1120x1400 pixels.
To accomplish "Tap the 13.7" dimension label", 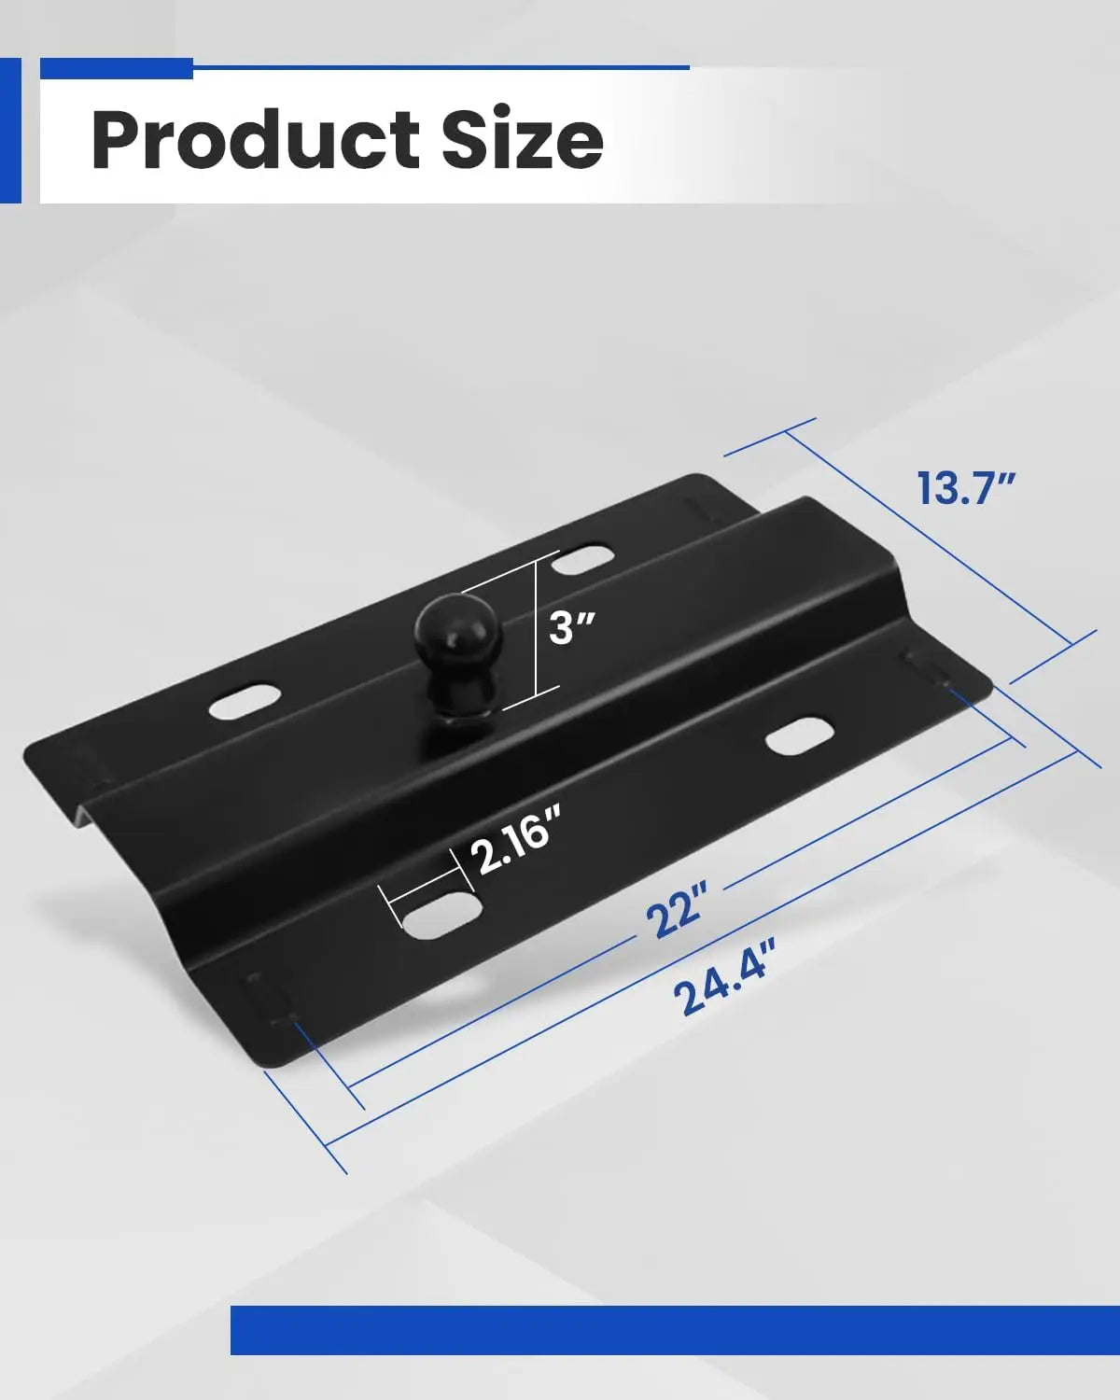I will [964, 489].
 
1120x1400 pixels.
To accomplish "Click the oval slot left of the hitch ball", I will [245, 702].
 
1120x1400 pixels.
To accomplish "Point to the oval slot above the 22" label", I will [799, 736].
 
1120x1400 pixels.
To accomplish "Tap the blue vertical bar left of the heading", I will [10, 131].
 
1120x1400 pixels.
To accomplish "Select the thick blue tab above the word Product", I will [116, 68].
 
